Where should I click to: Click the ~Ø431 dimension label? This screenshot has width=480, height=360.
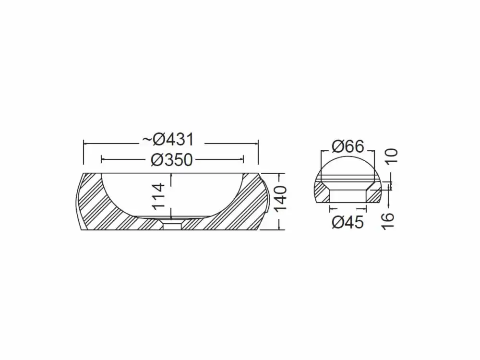[168, 140]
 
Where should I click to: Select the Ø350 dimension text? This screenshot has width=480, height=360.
[172, 160]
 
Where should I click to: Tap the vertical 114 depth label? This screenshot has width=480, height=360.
[159, 196]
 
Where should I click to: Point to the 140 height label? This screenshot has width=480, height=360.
[280, 199]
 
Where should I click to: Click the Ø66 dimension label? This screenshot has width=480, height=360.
[348, 146]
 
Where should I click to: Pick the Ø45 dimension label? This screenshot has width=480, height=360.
[348, 222]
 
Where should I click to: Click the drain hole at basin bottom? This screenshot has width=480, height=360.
[172, 226]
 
